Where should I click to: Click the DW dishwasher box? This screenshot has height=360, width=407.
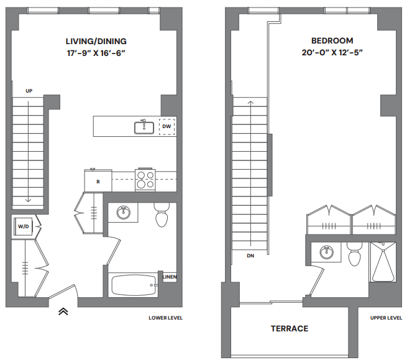(x=167, y=127)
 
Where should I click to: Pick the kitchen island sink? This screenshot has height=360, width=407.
(x=144, y=127)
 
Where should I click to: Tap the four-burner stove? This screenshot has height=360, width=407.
(x=146, y=179)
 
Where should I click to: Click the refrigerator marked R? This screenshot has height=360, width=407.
(x=98, y=182)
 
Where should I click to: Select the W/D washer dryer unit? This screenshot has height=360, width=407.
(x=24, y=227)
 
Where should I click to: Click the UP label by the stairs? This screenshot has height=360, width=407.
(x=29, y=91)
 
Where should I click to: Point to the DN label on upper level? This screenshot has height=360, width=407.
(x=250, y=255)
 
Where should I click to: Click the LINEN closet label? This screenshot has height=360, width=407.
(x=168, y=277)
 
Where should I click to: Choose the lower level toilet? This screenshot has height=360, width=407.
(x=162, y=216)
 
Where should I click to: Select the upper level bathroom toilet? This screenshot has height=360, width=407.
(x=355, y=256)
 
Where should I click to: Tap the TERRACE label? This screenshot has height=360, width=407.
(x=289, y=328)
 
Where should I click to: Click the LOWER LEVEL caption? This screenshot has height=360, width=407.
(x=166, y=318)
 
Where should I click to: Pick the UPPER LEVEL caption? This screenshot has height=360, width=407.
(x=386, y=318)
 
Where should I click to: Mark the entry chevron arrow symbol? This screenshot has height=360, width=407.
(x=63, y=312)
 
